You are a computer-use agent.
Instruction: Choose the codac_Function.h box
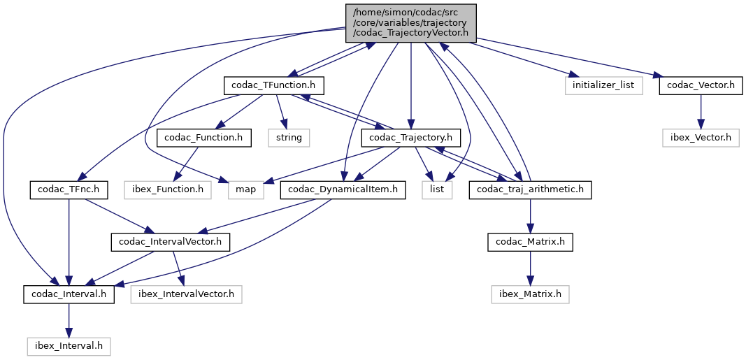203,138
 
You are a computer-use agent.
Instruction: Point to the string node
289,138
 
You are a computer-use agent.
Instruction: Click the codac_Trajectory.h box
411,138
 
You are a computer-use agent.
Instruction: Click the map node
245,189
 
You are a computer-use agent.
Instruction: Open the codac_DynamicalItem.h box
343,189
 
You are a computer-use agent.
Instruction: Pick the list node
437,189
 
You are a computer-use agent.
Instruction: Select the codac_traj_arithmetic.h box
531,189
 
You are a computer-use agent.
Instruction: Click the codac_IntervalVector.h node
171,242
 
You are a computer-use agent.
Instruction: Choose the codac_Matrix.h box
531,242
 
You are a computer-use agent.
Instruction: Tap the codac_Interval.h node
69,294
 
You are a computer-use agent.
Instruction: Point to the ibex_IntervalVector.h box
186,294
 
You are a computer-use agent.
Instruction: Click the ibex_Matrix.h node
531,294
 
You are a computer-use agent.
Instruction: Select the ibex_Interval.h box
69,345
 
